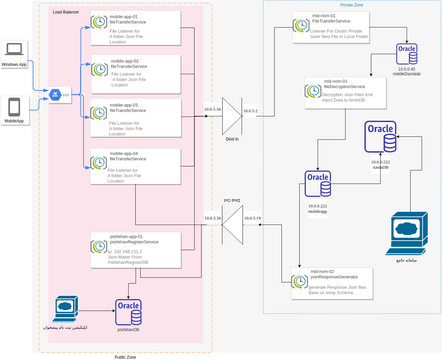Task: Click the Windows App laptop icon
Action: click(16, 49)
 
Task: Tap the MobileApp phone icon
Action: click(15, 105)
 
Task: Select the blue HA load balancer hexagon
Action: click(54, 95)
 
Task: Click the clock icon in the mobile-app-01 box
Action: click(98, 22)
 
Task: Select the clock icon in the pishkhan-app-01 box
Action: click(98, 239)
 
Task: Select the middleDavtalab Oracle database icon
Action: click(406, 54)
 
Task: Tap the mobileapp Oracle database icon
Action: click(319, 184)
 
